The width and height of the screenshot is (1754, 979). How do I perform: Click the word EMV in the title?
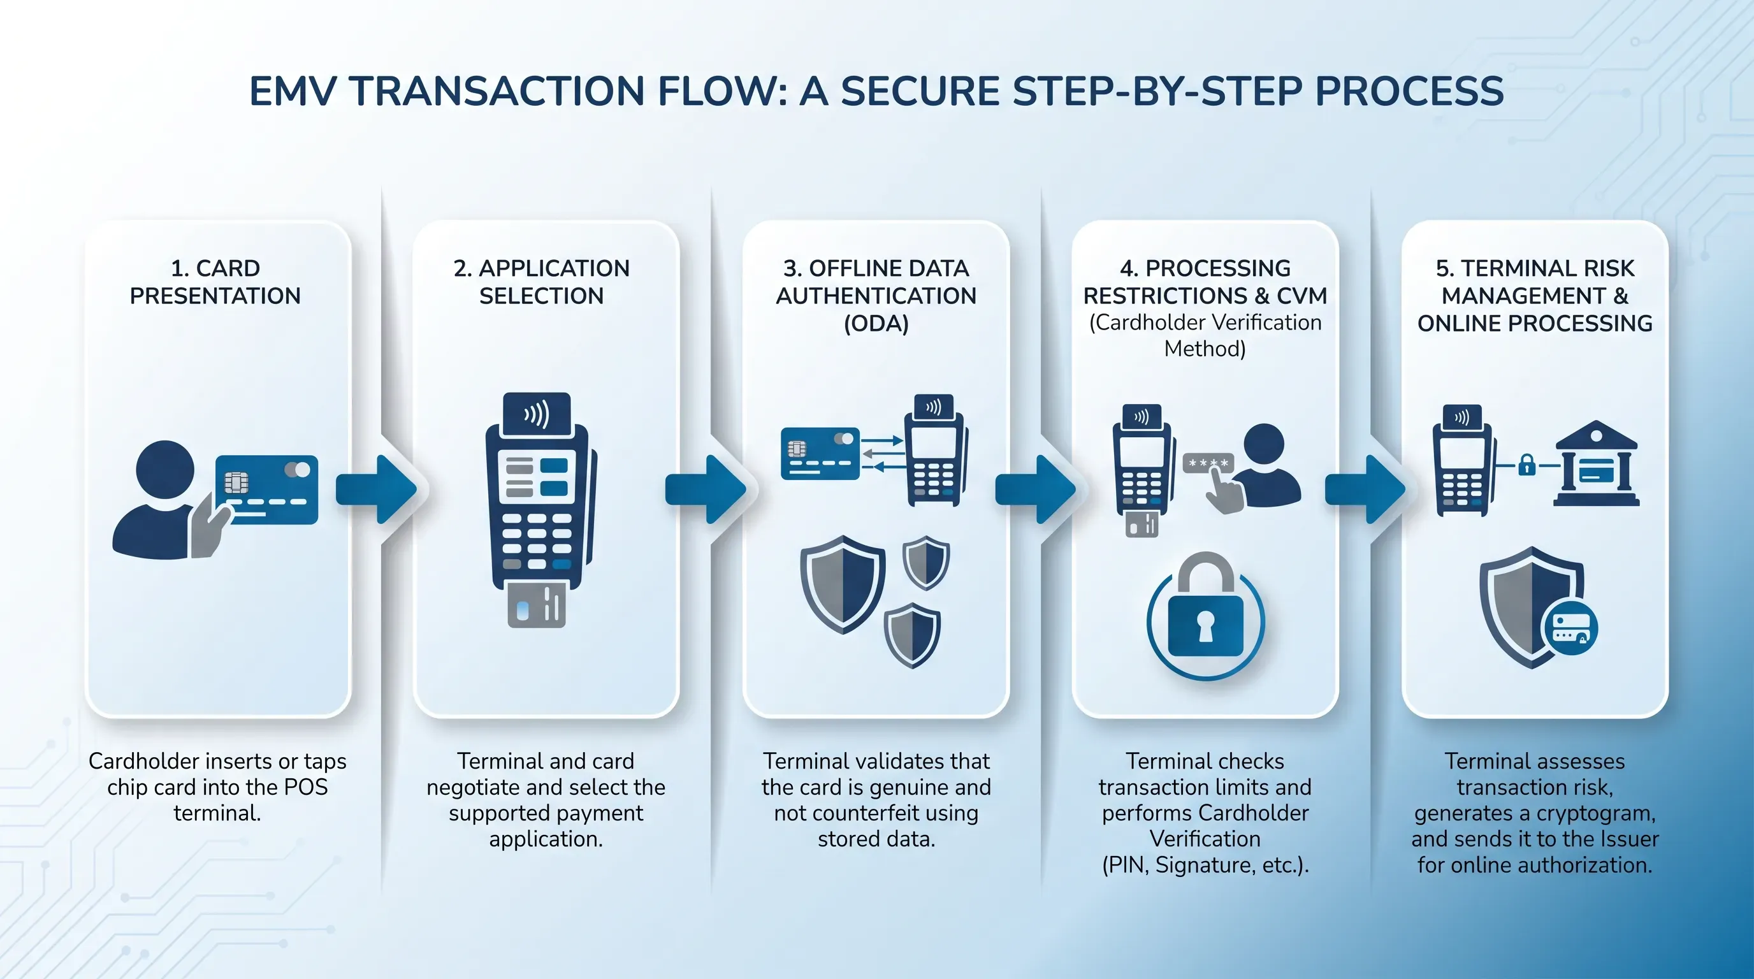[x=293, y=91]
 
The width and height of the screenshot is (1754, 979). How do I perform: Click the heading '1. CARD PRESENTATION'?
[x=215, y=282]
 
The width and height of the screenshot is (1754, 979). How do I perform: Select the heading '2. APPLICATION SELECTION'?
[x=541, y=282]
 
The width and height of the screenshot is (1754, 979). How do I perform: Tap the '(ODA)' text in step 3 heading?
[x=876, y=323]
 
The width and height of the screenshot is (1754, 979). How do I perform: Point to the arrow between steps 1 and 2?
[x=377, y=489]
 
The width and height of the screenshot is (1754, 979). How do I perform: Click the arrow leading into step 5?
[x=1365, y=489]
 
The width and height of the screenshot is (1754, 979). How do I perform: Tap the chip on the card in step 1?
[x=236, y=482]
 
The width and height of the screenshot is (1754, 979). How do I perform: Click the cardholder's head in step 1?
[x=165, y=470]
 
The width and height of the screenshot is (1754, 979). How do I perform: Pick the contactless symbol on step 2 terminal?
[x=537, y=414]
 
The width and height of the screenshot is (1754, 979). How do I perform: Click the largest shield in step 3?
[x=843, y=584]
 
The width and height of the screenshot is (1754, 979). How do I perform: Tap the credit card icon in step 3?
[x=820, y=453]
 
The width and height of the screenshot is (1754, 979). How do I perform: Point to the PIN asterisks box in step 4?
[x=1208, y=463]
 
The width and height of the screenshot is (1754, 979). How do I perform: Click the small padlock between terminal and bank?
[x=1526, y=465]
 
